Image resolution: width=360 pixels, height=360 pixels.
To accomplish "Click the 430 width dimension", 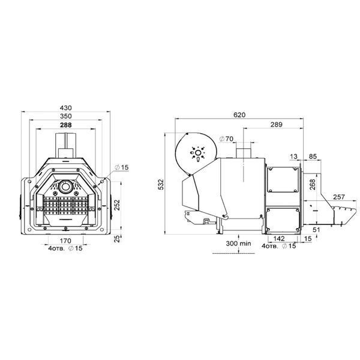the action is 65,107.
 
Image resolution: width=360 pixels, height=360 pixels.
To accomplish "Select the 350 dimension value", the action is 65,116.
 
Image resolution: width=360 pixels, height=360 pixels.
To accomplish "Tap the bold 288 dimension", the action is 65,125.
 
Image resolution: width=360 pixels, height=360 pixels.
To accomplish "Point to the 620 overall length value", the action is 239,115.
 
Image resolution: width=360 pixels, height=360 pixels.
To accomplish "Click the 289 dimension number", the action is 276,124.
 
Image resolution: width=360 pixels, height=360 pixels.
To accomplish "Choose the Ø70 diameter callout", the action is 226,139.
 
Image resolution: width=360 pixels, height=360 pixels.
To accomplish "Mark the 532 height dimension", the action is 161,184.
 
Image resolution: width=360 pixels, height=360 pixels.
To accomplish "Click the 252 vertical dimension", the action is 117,205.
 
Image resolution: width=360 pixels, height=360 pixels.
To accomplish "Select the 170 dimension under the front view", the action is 65,241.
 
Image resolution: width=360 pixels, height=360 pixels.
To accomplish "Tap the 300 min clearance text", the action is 238,244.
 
